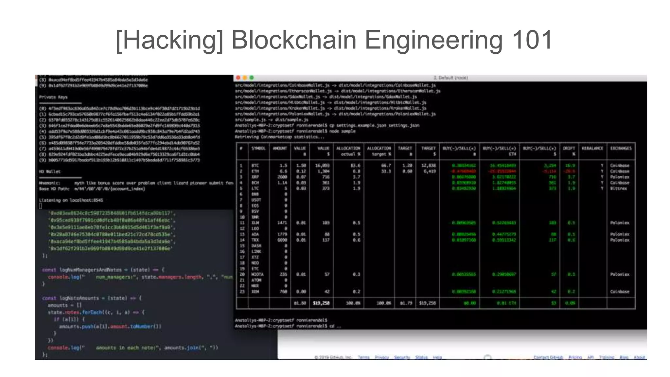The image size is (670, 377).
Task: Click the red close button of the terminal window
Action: [238, 78]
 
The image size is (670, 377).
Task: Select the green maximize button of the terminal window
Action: [251, 78]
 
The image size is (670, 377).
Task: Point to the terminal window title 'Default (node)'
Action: [450, 78]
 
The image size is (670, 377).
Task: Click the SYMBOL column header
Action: [258, 148]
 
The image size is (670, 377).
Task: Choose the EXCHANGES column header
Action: [621, 148]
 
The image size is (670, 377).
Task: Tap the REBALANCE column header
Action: [592, 148]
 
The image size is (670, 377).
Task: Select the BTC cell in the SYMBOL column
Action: [255, 166]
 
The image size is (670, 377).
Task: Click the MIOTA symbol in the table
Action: [257, 274]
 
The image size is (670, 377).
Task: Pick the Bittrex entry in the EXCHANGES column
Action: [618, 188]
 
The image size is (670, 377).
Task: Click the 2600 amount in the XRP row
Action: [282, 177]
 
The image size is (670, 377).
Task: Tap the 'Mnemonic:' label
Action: [49, 183]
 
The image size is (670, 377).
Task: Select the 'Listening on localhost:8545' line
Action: [71, 200]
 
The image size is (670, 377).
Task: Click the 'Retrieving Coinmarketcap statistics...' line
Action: [280, 137]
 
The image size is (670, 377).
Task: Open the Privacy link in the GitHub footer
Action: [382, 357]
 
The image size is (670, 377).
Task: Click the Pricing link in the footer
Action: [575, 357]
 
